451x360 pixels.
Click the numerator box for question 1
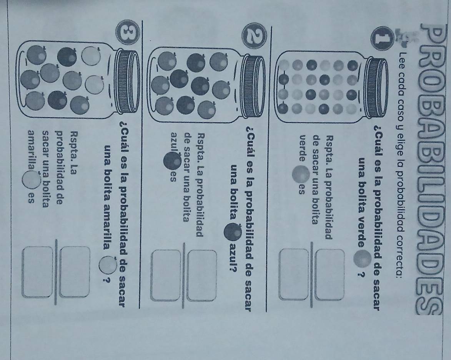click(330, 275)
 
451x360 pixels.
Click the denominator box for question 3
click(38, 272)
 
